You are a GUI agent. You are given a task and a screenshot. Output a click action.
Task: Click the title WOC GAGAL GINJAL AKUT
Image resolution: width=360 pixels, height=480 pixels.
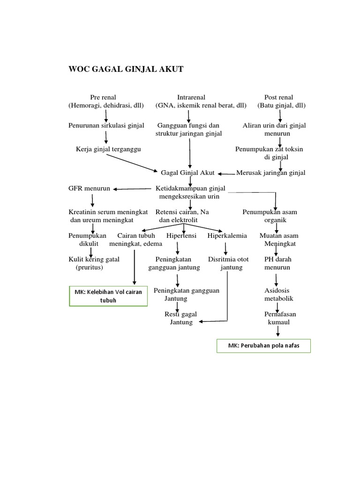[x=126, y=69]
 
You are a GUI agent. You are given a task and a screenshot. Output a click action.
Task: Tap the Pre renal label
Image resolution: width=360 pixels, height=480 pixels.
[x=106, y=97]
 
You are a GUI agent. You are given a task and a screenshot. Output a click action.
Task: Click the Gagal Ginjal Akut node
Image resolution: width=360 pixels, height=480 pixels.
[x=187, y=172]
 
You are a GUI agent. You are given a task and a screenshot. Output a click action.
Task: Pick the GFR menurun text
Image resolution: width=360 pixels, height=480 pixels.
[x=89, y=188]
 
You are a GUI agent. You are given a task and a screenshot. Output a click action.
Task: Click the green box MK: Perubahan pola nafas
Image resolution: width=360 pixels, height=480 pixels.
[x=263, y=346]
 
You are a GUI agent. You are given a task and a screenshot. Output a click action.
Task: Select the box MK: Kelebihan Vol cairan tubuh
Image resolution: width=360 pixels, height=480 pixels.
[x=108, y=296]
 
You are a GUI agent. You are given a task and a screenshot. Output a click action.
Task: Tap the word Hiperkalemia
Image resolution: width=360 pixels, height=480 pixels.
[x=227, y=236]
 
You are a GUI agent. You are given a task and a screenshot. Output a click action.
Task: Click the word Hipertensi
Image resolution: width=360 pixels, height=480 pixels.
[x=181, y=236]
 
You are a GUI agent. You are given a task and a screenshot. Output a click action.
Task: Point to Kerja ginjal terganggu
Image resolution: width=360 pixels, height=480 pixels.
[x=108, y=149]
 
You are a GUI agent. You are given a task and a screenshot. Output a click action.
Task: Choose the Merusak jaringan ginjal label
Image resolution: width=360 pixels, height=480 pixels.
[x=270, y=172]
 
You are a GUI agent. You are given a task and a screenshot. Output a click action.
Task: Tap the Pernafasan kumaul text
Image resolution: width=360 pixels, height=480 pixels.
[x=280, y=318]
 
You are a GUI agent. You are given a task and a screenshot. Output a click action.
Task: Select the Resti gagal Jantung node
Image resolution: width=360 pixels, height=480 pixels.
[x=181, y=318]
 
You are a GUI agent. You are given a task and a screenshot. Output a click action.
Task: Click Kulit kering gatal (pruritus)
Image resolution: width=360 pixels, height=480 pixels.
[x=94, y=263]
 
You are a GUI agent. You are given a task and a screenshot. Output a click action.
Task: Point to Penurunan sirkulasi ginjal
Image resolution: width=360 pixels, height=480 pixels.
[x=106, y=126]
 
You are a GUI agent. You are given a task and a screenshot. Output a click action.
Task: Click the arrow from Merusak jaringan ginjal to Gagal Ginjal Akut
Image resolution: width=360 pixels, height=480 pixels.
[x=225, y=173]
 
